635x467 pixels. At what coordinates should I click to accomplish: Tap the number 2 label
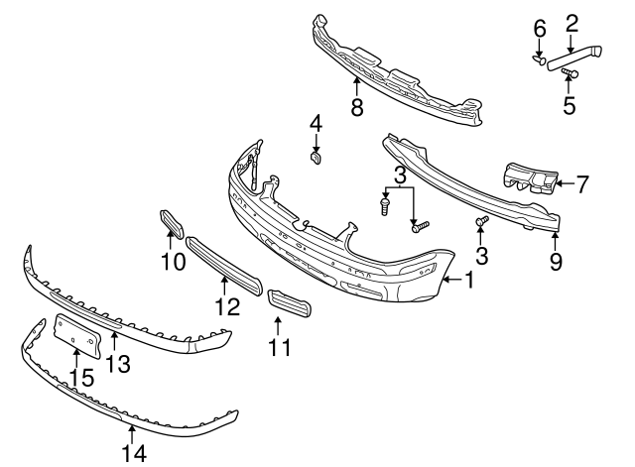click(x=571, y=23)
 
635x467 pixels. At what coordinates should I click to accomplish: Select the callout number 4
click(x=316, y=124)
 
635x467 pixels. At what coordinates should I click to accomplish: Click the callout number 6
click(x=540, y=30)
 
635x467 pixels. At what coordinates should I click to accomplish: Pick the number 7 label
click(x=582, y=182)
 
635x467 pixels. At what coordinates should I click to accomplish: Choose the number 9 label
click(x=556, y=262)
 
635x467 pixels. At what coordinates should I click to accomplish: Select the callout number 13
click(x=118, y=364)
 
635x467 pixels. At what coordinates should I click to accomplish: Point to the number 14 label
click(x=134, y=453)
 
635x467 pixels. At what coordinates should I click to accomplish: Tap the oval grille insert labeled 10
click(x=171, y=225)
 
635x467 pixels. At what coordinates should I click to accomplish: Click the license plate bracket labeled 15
click(x=78, y=334)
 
